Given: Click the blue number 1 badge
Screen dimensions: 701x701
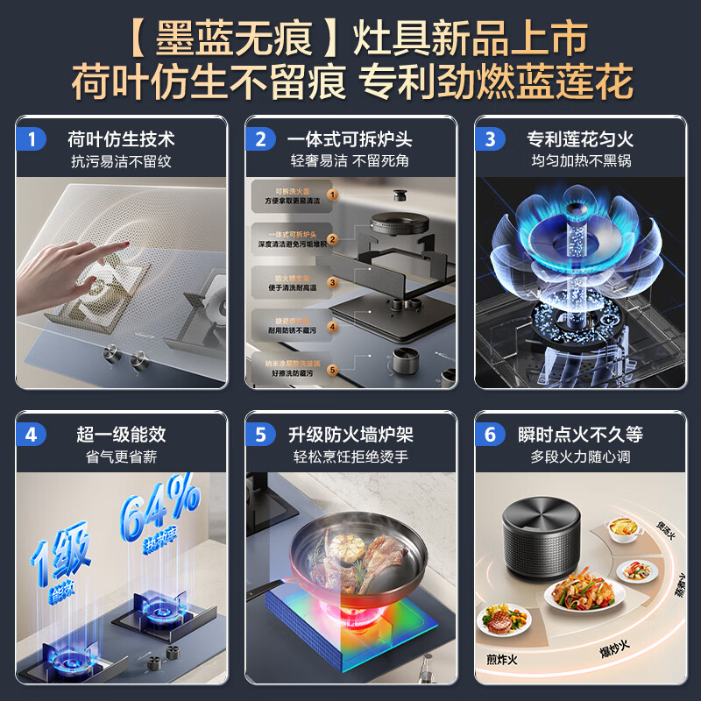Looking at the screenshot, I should (x=32, y=139).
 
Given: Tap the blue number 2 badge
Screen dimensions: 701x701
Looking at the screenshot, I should (x=260, y=139).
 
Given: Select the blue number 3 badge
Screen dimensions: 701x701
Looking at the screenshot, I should (x=490, y=139).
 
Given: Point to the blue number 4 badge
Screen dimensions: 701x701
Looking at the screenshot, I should (x=32, y=435).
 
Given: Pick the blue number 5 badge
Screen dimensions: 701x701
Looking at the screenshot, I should (x=260, y=435).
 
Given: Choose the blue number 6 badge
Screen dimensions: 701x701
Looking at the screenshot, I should (x=490, y=435).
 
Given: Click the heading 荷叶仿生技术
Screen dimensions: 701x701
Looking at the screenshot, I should (x=122, y=138).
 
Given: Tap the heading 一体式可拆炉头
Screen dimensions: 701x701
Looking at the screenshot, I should (x=350, y=138).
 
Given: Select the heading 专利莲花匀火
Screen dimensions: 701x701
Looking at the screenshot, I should (x=579, y=138).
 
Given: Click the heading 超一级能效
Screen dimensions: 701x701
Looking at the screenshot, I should (x=120, y=434).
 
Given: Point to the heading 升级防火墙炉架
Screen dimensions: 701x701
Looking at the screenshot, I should (x=350, y=434).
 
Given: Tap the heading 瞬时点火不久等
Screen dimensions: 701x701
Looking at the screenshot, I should (x=579, y=434).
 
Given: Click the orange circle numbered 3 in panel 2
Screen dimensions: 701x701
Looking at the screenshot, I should (x=332, y=282).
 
